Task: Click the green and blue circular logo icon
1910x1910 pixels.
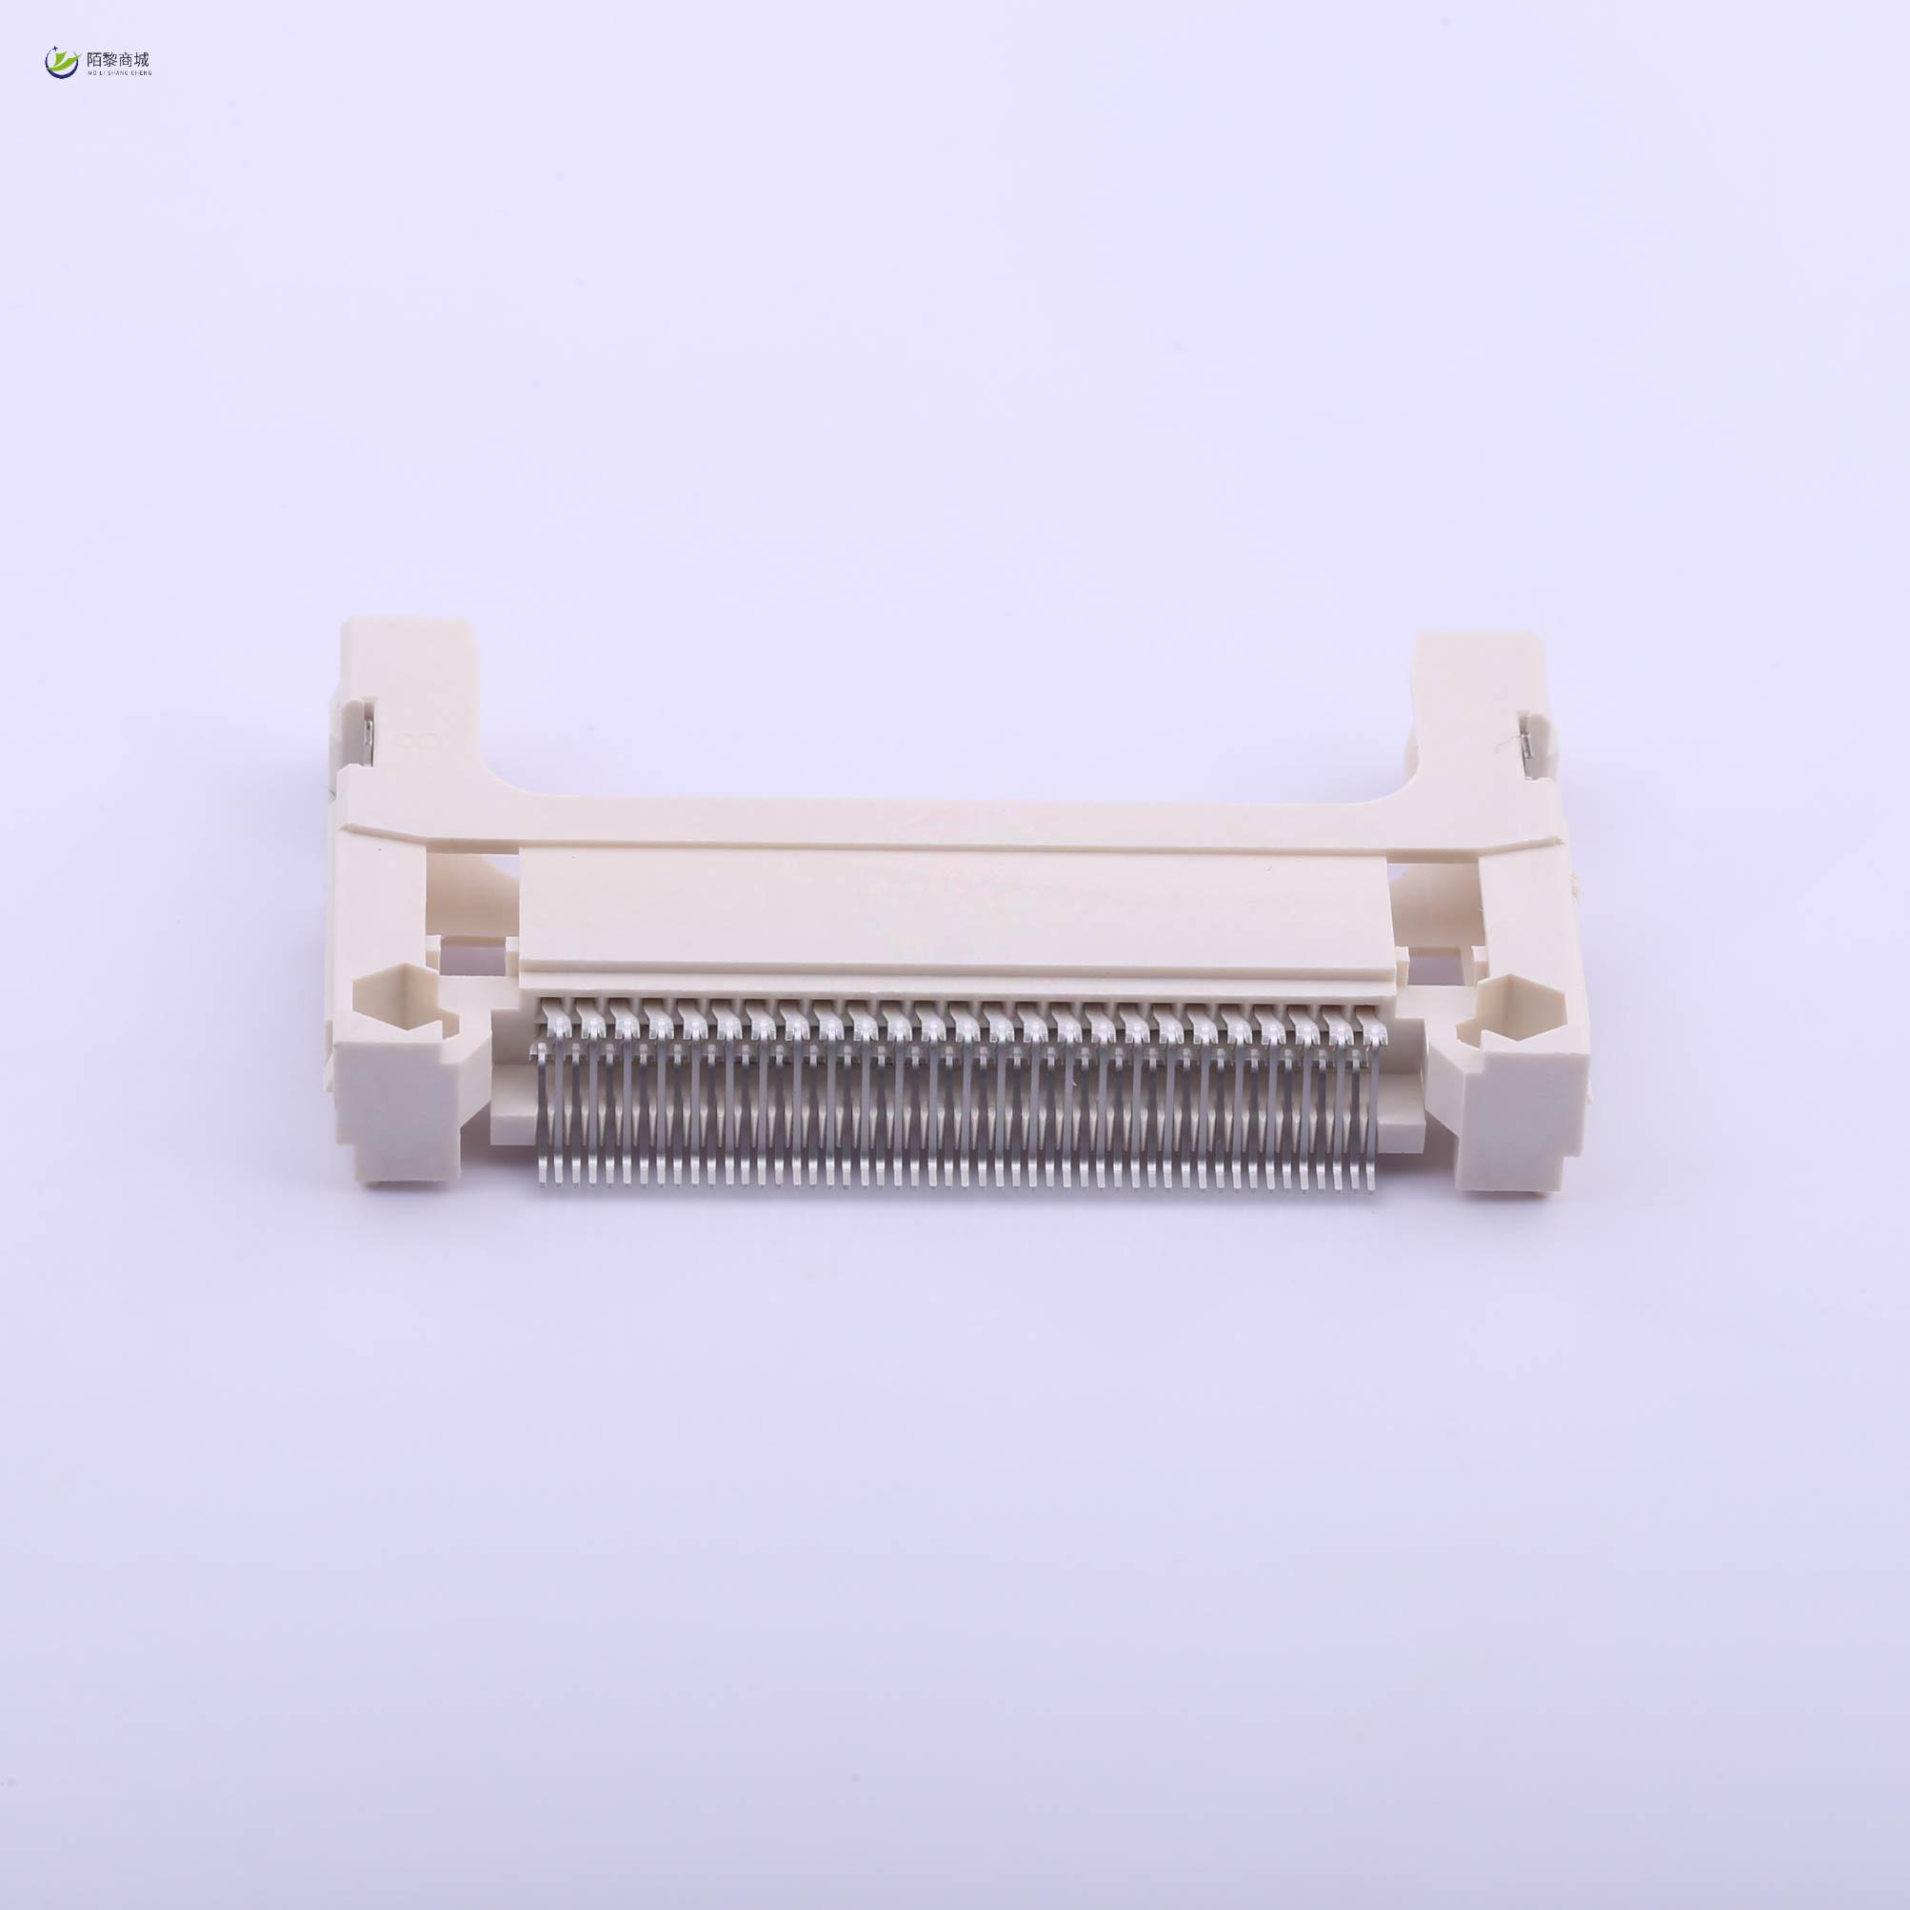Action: [60, 63]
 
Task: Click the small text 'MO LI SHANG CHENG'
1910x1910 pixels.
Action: [112, 73]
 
